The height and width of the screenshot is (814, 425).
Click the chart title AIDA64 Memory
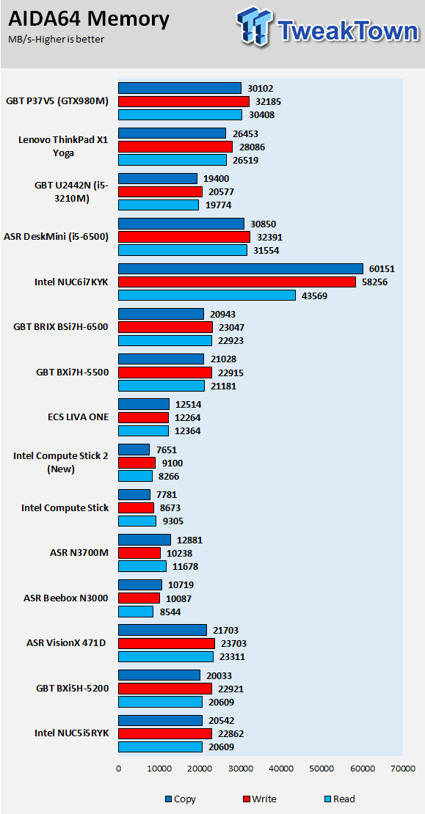89,19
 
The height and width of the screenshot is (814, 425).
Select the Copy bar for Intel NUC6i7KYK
241,268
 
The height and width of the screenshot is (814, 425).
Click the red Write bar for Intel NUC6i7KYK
237,282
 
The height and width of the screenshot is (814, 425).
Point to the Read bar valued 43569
207,295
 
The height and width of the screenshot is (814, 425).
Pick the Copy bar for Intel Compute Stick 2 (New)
134,449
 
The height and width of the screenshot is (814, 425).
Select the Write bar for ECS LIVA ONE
143,417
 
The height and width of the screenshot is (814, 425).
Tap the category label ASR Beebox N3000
65,598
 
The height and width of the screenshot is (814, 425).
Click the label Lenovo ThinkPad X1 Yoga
63,147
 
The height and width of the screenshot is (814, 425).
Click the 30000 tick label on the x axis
240,768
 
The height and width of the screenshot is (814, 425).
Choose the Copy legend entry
181,799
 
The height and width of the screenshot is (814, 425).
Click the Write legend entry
259,799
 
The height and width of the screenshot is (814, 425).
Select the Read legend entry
339,799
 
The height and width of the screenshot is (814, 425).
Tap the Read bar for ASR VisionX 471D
166,657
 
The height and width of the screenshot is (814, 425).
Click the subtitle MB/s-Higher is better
56,40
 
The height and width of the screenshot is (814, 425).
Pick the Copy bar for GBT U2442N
158,179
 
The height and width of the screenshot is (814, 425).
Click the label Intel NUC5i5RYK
72,733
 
